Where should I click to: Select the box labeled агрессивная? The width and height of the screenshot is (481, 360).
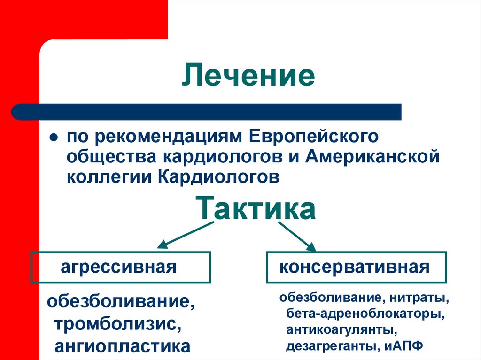click(x=121, y=268)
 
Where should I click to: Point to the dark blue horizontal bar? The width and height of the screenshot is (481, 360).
click(x=207, y=112)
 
